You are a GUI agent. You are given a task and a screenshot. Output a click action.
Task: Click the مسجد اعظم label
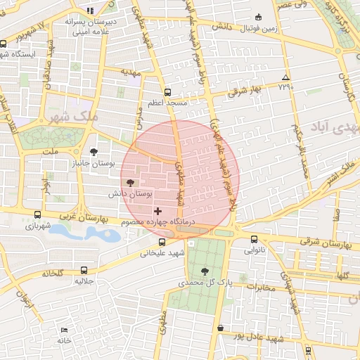167,103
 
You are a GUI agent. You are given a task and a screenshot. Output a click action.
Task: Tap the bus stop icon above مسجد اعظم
167,92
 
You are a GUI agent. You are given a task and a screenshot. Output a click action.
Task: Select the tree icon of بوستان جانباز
94,151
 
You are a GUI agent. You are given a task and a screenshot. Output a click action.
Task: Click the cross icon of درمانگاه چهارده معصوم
157,210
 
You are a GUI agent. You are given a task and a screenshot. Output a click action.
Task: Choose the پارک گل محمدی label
205,282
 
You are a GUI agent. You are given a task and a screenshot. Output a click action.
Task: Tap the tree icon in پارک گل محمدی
205,271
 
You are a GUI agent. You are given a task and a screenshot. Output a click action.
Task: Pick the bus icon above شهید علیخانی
162,243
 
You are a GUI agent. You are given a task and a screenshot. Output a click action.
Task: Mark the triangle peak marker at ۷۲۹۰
285,77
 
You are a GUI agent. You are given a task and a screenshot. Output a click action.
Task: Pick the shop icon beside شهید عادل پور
221,328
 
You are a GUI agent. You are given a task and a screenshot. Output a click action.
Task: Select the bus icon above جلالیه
84,269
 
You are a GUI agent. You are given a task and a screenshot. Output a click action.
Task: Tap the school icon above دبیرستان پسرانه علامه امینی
89,10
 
